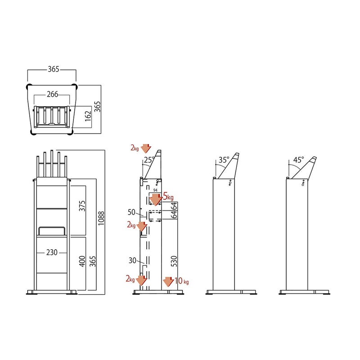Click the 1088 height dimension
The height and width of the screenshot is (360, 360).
[101, 218]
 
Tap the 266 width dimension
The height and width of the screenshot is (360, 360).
[52, 94]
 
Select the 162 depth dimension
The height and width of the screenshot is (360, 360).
[88, 116]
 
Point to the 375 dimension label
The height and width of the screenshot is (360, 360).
[82, 206]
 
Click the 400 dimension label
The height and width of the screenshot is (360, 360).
[82, 261]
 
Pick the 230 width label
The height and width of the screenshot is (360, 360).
[52, 252]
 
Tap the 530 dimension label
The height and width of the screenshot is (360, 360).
[174, 261]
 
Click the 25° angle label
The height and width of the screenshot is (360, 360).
[149, 160]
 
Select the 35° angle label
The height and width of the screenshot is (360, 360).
[224, 160]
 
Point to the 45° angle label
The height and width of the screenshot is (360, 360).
[298, 160]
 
